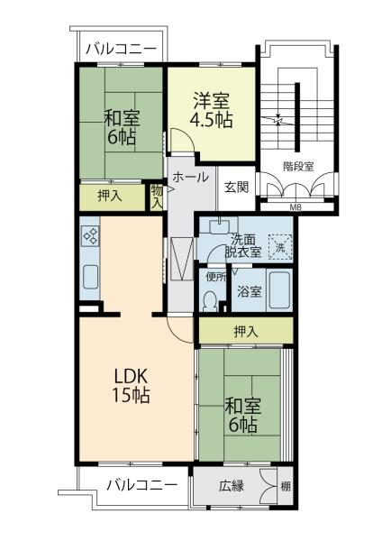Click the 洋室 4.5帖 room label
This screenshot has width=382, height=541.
(212, 110)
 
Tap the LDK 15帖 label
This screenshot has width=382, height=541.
(131, 386)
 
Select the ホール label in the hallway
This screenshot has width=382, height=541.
(191, 177)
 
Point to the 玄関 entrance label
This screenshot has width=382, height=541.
(236, 187)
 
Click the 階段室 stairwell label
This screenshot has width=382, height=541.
(298, 167)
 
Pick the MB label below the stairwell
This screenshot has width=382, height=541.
(296, 207)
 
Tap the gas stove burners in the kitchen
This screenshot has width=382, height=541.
(91, 236)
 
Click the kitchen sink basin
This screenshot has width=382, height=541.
(90, 277)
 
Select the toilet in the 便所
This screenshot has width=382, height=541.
(210, 301)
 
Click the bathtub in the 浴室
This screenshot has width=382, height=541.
(279, 290)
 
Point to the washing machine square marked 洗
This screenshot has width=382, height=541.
(280, 247)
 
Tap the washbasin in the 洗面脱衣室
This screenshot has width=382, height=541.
(219, 225)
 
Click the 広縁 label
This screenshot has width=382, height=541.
(232, 486)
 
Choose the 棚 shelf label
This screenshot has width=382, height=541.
(286, 487)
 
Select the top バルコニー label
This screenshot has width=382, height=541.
(121, 50)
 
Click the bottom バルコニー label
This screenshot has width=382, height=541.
(141, 486)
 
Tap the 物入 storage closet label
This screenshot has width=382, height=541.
(157, 197)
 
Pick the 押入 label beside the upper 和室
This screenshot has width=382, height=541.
(110, 197)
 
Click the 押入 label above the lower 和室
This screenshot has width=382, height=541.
(246, 332)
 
